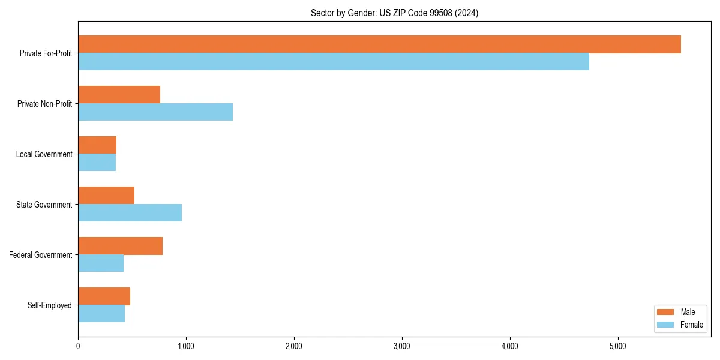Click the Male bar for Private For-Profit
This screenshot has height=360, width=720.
click(379, 44)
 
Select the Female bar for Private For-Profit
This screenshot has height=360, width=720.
click(334, 62)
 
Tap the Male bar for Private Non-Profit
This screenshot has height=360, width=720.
click(119, 95)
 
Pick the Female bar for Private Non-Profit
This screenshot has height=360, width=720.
click(155, 112)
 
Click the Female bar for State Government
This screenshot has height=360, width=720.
click(130, 213)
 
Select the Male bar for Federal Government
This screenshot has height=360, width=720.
click(120, 246)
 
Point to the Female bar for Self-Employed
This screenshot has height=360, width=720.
click(101, 314)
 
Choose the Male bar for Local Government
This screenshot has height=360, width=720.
click(97, 145)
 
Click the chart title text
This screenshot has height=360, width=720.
click(394, 13)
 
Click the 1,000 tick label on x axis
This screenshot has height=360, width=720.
click(185, 346)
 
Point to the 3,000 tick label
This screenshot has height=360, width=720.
click(401, 346)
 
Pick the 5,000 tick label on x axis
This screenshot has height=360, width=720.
click(617, 346)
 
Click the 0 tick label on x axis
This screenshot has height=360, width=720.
click(78, 346)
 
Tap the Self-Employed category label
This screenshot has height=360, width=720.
click(50, 305)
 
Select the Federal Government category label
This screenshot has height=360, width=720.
click(41, 255)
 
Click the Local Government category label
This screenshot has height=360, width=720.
click(44, 154)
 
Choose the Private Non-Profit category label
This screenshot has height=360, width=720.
click(45, 104)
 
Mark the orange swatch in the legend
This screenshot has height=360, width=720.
click(666, 312)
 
